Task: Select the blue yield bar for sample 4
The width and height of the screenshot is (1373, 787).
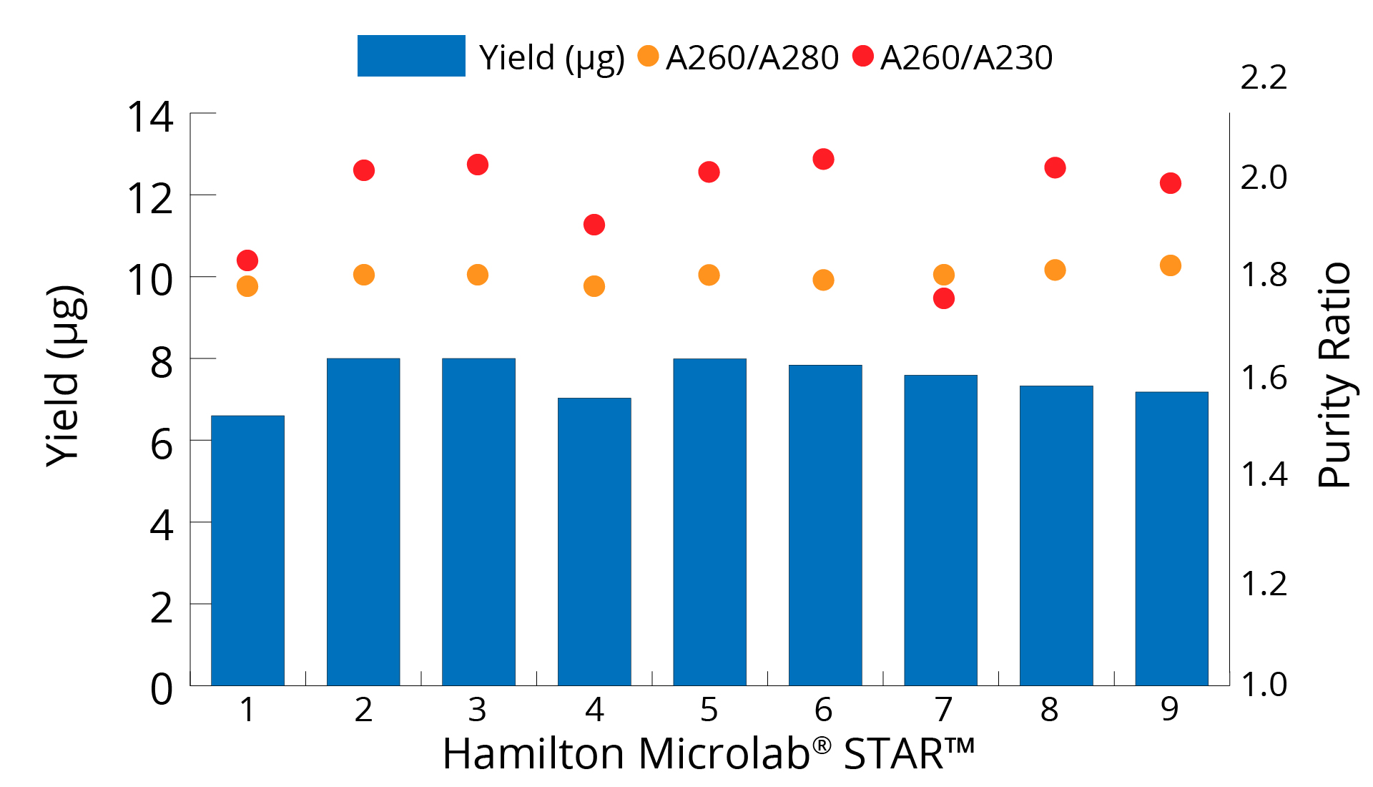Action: pos(594,541)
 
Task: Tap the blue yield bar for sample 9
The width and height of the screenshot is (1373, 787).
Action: pos(1171,538)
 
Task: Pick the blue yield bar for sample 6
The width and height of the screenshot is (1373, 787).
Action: pos(825,524)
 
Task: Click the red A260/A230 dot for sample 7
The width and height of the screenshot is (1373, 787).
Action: pos(944,298)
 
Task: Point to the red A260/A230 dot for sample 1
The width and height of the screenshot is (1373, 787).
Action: pos(247,260)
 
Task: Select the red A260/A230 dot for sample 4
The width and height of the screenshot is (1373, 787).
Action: pos(594,225)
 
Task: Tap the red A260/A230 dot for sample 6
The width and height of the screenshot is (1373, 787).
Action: pos(823,159)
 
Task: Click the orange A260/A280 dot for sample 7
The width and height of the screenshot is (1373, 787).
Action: pos(944,275)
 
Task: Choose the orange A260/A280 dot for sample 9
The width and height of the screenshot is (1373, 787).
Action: pos(1171,265)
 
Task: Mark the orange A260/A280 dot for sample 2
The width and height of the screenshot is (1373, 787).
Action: pos(364,275)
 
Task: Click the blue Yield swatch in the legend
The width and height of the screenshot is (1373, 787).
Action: pos(411,56)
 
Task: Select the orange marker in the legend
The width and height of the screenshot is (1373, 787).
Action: pos(648,56)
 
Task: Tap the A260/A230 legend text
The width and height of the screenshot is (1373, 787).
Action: pos(966,58)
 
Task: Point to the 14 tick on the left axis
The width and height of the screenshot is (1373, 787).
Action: pos(150,117)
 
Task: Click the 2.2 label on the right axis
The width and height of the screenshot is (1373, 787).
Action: pos(1264,77)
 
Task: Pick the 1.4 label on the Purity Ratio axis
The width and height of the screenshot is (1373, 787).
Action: pos(1264,474)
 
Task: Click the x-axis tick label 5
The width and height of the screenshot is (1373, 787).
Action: pos(709,710)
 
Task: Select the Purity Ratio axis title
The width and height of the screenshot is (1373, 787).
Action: pos(1334,376)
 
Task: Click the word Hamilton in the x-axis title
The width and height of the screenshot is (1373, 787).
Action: pos(533,754)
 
